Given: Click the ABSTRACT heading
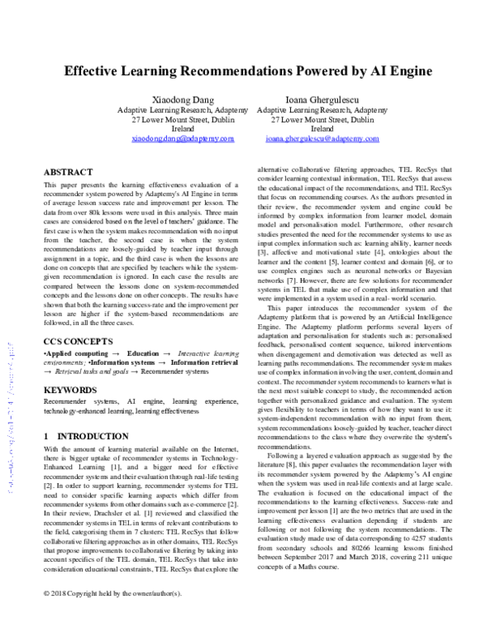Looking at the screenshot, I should pyautogui.click(x=68, y=172).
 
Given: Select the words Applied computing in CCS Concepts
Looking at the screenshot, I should pyautogui.click(x=72, y=352).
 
